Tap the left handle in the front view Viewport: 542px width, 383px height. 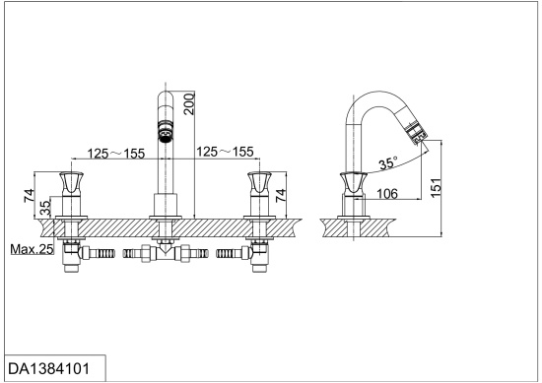71,183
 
